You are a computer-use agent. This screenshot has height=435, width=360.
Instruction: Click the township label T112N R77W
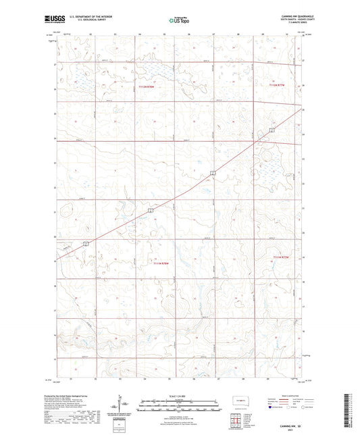click(x=278, y=85)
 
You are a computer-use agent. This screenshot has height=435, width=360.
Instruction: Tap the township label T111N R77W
click(x=280, y=257)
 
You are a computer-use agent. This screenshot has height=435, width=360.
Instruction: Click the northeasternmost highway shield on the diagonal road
click(x=271, y=130)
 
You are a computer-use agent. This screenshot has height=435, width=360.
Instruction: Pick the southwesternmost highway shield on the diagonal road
click(x=86, y=243)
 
